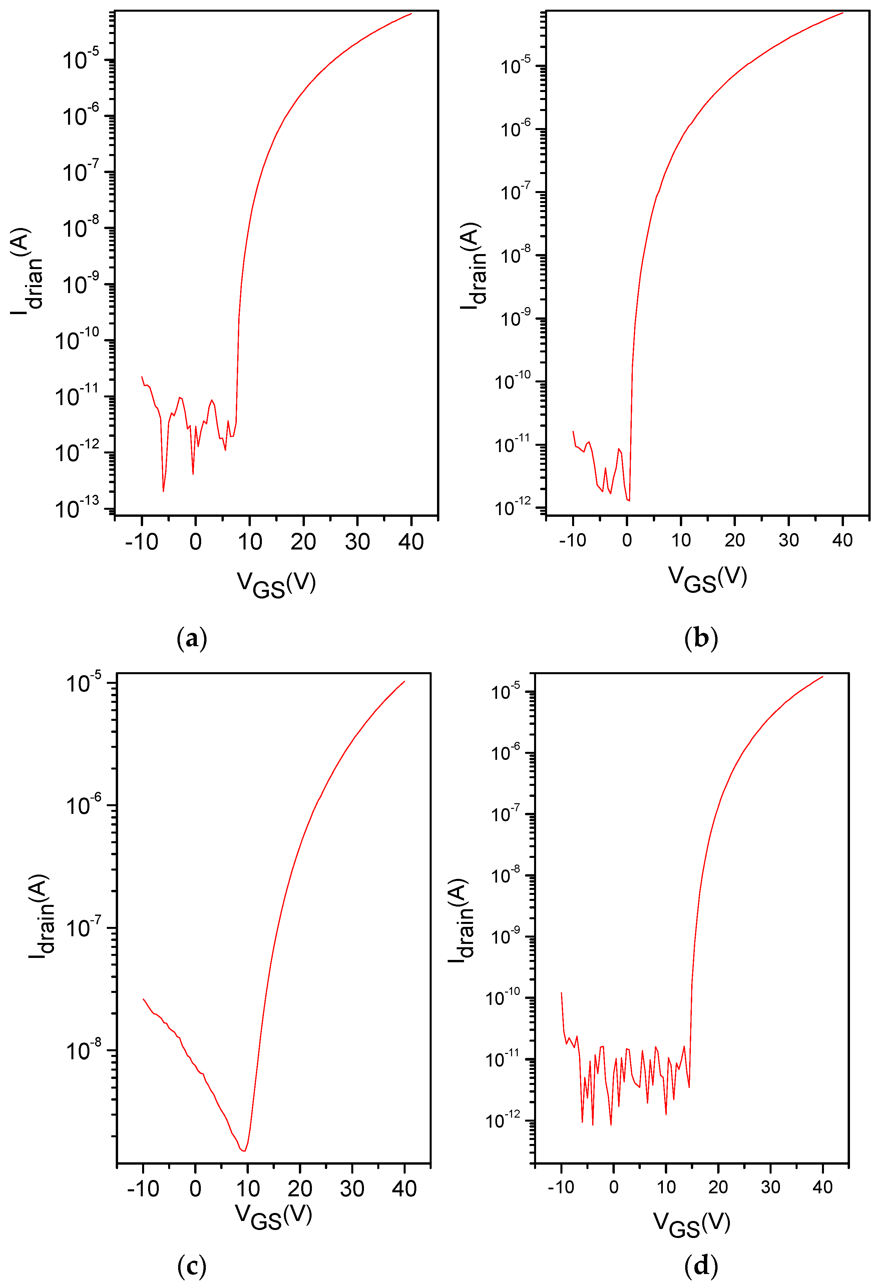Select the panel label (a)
(x=192, y=639)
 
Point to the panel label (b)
(x=701, y=639)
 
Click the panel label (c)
(x=192, y=1266)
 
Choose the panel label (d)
(x=701, y=1266)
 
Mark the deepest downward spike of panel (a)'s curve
(x=163, y=490)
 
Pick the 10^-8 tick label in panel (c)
(x=83, y=1050)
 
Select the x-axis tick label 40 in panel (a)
(x=411, y=542)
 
